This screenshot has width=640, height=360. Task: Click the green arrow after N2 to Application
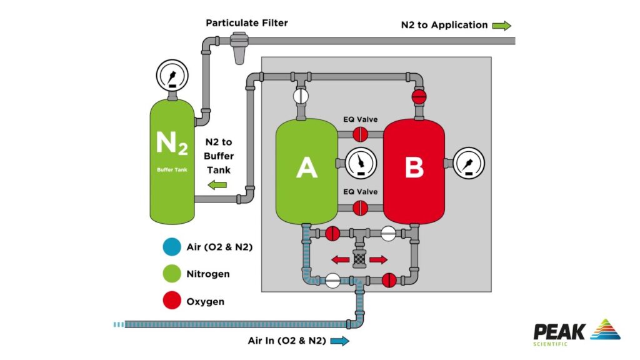[x=501, y=26]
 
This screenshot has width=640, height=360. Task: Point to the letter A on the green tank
[x=306, y=167]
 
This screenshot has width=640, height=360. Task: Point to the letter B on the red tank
[x=414, y=167]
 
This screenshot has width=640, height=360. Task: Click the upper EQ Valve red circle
[x=361, y=134]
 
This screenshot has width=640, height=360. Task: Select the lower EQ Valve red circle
[x=361, y=208]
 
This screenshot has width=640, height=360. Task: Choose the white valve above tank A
[x=301, y=96]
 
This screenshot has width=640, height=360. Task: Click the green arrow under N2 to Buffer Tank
[x=217, y=184]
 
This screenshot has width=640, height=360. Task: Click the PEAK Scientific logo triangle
[x=605, y=329]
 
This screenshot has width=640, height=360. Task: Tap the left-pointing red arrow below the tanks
[x=341, y=259]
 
